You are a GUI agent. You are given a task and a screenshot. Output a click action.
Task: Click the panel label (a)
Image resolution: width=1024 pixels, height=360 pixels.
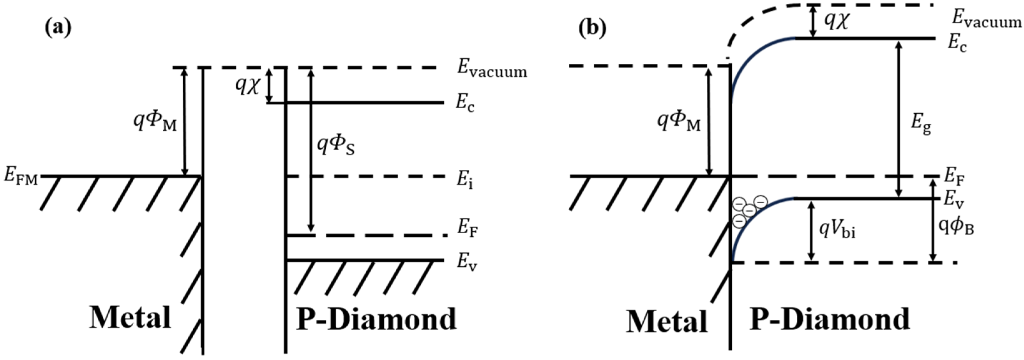tap(58, 29)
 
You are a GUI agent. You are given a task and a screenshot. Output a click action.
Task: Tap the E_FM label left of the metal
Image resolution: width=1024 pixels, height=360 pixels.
tap(21, 176)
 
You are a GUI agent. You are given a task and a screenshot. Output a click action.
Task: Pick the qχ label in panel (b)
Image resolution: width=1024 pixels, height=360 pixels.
tap(836, 20)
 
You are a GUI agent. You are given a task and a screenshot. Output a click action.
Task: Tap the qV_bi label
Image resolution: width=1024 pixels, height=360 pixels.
tap(837, 230)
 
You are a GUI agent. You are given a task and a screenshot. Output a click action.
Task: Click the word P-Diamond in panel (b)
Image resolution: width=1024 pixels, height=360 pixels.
tap(830, 319)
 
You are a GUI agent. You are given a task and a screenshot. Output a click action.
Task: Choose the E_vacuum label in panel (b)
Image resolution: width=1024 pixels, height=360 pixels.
tap(987, 19)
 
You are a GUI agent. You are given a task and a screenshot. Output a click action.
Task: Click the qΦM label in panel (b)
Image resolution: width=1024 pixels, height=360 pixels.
tap(678, 121)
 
